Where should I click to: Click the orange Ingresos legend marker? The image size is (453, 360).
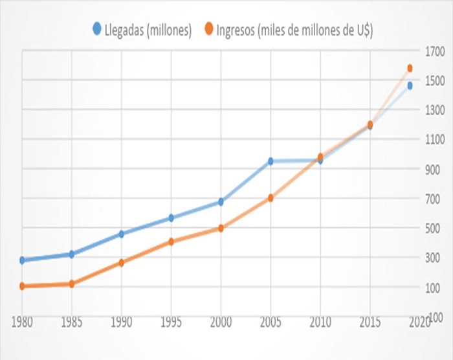(x=210, y=28)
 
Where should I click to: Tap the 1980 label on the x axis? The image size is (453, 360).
(x=22, y=321)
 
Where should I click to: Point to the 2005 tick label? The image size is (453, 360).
(x=271, y=321)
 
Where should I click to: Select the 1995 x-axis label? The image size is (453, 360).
(x=171, y=321)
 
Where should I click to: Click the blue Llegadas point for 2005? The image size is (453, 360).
(x=271, y=161)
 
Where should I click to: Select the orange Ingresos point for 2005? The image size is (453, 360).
(x=271, y=198)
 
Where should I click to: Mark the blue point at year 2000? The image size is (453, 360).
(x=221, y=202)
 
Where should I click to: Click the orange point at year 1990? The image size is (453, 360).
(x=121, y=263)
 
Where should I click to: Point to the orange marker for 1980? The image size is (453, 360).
(x=22, y=286)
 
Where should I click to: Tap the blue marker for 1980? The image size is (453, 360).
(x=22, y=260)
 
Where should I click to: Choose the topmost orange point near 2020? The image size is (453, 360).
(x=410, y=68)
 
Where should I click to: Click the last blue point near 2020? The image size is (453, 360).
(x=410, y=85)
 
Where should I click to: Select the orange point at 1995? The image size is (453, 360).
(x=171, y=242)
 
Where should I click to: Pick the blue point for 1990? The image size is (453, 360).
(x=121, y=234)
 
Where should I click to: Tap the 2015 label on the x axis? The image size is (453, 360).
(x=370, y=321)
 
